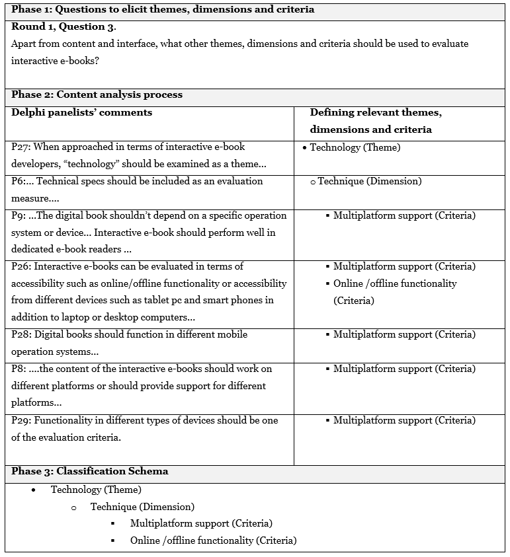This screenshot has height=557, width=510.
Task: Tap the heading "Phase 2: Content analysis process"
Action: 97,94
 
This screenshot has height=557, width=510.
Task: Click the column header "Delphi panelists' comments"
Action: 82,112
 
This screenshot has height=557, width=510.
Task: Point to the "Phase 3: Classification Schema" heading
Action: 90,471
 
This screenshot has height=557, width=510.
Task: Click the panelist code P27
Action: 20,147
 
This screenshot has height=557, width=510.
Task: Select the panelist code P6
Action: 17,181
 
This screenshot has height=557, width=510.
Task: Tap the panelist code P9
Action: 18,215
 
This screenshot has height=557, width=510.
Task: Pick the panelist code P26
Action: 20,266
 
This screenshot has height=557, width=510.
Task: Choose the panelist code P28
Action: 20,334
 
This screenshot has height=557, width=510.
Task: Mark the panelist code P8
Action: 18,369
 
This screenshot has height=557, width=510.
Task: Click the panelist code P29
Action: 20,420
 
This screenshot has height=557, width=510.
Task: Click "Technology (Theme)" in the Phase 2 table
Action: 355,147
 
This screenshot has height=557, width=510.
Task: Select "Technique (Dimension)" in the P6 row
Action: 369,181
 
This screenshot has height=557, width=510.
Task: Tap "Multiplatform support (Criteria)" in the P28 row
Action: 404,334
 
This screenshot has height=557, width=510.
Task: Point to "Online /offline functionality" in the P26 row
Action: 395,283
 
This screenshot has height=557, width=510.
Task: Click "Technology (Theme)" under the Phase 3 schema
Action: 96,490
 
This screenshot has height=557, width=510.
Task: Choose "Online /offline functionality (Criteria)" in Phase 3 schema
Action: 213,540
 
